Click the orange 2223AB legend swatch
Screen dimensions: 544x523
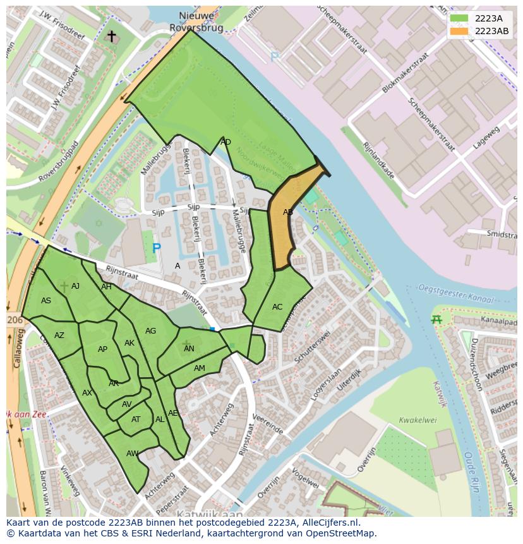tap(459, 31)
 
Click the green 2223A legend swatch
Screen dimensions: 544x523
tap(459, 18)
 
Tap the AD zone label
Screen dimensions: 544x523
tap(225, 142)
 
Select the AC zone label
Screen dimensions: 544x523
tap(277, 307)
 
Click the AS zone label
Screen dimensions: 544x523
tap(46, 301)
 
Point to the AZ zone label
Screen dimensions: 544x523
tap(59, 335)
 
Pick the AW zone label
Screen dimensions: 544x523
tap(132, 454)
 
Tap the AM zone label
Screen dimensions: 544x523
tap(200, 368)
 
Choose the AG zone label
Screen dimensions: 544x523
tap(150, 331)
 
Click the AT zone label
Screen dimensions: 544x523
tap(136, 420)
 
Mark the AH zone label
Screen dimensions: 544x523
tap(106, 287)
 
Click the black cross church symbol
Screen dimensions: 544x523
tap(112, 36)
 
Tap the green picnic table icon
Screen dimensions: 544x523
tap(436, 320)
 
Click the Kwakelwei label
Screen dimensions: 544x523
tap(418, 420)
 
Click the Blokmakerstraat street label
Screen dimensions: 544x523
tap(405, 73)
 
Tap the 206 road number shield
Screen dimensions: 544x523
tap(15, 320)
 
